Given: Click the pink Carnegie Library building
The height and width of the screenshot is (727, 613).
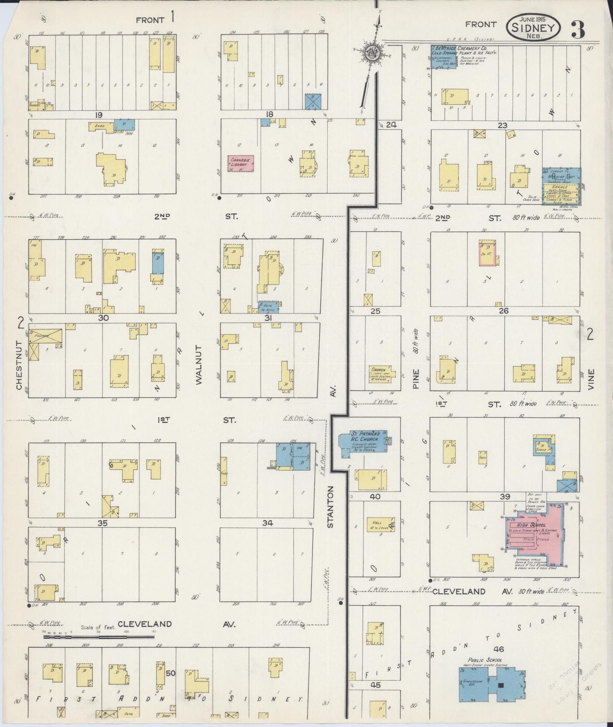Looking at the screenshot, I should pos(241,163).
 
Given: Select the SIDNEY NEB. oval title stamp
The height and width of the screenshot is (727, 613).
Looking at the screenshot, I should pos(533,28).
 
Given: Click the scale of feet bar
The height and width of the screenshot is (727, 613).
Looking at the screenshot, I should pos(98,637).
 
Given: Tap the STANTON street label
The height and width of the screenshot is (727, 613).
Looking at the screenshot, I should pos(331,507).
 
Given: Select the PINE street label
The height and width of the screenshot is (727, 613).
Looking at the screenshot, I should pos(415,379).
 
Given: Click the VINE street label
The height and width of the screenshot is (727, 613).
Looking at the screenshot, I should pos(591,379).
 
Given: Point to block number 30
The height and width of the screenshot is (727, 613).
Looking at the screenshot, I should pos(104,318).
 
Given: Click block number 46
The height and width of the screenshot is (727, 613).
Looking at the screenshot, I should pos(499,649).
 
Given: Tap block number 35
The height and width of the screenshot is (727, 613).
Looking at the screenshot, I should pos(102,523).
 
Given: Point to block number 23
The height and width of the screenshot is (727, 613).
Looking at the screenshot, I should pos(503,125).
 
